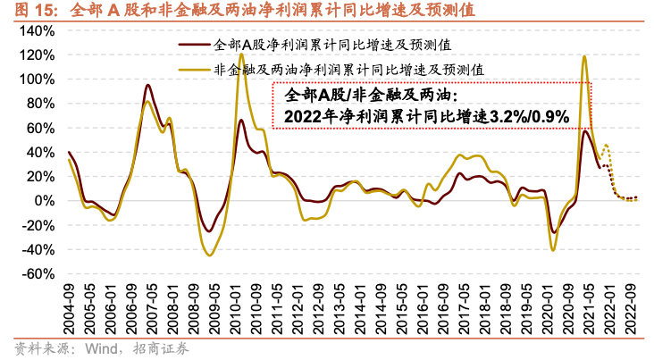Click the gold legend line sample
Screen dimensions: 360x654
pyautogui.click(x=196, y=66)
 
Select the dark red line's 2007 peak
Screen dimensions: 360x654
pyautogui.click(x=147, y=85)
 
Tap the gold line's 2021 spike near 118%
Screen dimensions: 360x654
pyautogui.click(x=584, y=56)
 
